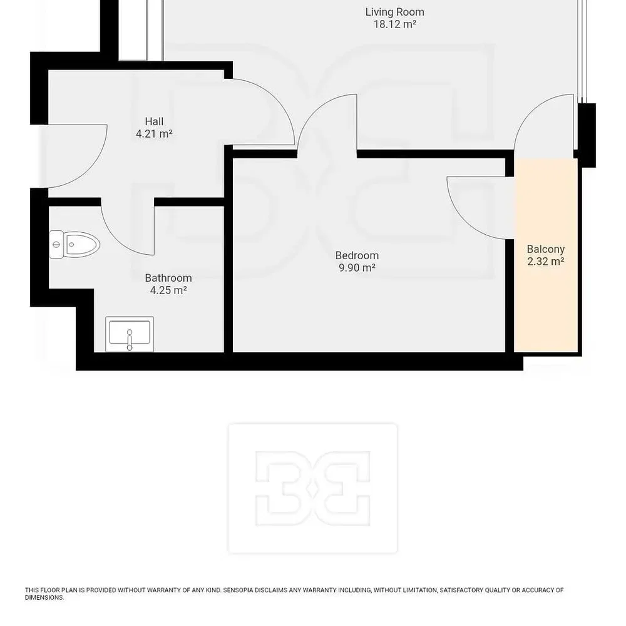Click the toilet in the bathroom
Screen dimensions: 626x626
click(74, 244)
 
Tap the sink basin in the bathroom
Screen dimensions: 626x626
click(130, 334)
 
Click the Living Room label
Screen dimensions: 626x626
click(394, 12)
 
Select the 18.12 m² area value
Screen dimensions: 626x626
click(394, 24)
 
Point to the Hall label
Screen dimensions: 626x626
click(154, 121)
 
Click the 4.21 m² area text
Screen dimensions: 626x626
click(154, 134)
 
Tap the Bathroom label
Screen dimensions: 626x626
click(168, 278)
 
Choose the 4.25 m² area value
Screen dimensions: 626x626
click(168, 290)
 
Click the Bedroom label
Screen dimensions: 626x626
click(357, 255)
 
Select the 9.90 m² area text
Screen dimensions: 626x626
click(357, 268)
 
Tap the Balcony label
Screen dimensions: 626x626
click(546, 249)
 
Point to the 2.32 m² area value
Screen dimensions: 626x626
click(546, 262)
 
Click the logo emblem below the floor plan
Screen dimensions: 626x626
click(313, 488)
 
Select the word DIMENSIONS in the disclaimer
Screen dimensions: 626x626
click(44, 598)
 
